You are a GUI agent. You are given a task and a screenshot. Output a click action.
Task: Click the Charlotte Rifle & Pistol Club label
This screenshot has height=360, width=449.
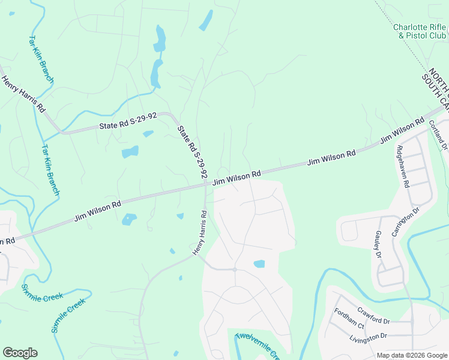(420, 31)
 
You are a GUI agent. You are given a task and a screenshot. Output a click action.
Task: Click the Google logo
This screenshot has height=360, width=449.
(20, 353)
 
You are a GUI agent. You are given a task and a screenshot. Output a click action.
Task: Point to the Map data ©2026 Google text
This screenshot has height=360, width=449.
(411, 355)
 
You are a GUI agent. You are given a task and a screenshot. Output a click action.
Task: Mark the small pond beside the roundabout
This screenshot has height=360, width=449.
(259, 264)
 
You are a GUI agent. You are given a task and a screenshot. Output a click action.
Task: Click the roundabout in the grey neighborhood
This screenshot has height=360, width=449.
(235, 269)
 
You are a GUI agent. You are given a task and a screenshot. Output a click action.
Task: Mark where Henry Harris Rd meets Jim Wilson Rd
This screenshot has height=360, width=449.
(205, 187)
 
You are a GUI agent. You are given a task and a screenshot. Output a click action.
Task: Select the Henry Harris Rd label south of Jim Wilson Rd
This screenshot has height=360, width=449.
(200, 233)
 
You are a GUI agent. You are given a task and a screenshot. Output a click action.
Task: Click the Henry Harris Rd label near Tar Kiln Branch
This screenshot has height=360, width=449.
(23, 94)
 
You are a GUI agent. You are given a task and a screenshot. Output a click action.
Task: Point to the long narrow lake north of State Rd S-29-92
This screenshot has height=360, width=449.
(158, 57)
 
